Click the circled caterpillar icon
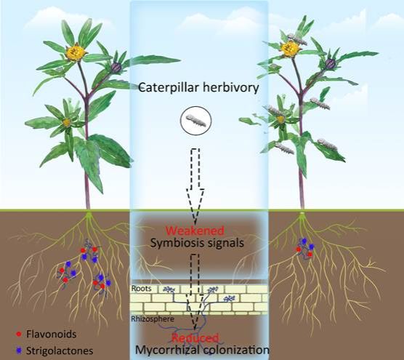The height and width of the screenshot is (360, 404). tap(195, 121)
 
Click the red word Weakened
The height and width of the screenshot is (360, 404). tap(195, 231)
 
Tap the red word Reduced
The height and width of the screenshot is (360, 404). tap(195, 338)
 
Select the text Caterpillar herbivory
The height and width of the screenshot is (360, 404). tap(198, 88)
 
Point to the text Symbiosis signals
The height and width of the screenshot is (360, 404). tap(197, 243)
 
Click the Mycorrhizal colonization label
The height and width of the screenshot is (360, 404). tap(202, 351)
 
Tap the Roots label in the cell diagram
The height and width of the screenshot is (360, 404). tap(141, 288)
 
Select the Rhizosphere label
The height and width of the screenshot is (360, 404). tap(153, 319)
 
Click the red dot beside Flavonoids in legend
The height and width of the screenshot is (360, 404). tap(19, 335)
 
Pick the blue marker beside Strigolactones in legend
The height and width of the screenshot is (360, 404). tap(19, 351)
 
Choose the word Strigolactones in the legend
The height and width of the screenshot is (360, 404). tap(60, 351)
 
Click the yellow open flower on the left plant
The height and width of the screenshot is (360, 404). tap(76, 52)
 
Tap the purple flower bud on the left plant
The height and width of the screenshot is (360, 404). tap(116, 68)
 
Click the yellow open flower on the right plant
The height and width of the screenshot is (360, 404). tap(291, 49)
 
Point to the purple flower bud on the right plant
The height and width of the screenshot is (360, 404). tap(330, 63)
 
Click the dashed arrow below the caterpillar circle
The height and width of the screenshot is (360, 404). tap(195, 185)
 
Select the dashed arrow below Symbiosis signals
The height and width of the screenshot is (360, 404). tap(195, 292)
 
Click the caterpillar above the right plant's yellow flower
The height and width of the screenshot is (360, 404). tap(297, 39)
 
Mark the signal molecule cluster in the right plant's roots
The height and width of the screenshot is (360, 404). tap(304, 248)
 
